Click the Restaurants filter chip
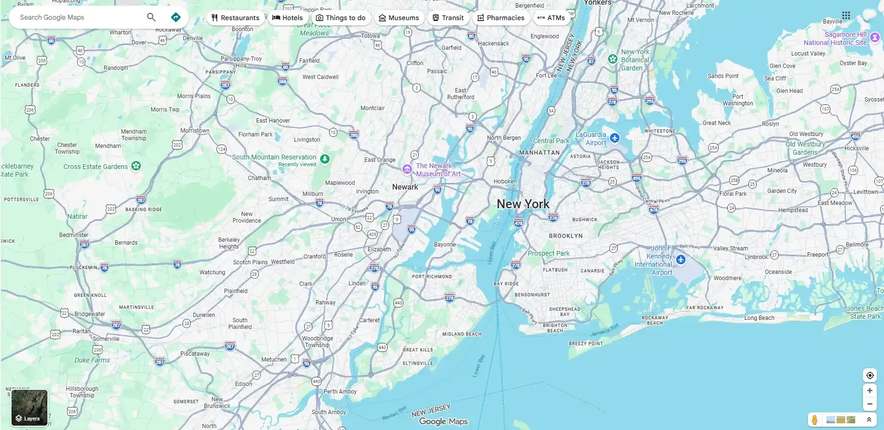235,18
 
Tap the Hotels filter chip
287,18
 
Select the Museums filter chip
399,18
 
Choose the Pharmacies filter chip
501,18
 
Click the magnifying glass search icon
151,17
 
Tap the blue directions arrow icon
176,17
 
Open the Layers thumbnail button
29,407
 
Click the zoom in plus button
870,391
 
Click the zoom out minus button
870,404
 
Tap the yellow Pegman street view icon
815,420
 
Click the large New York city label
523,204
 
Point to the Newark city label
405,187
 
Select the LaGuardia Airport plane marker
615,138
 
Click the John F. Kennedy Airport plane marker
681,260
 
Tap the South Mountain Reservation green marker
325,159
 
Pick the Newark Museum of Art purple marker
407,169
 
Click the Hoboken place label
505,181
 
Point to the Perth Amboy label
340,392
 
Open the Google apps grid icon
846,15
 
